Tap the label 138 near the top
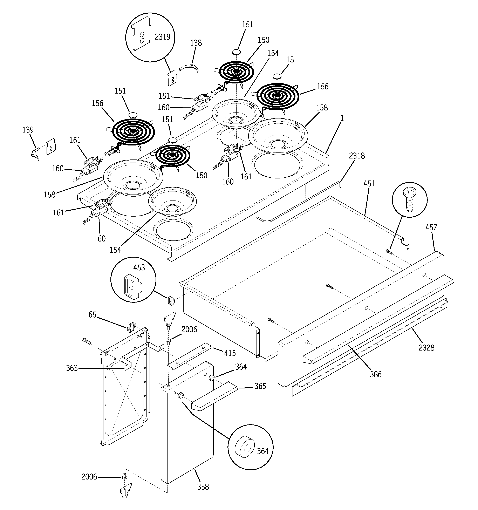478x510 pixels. pyautogui.click(x=196, y=43)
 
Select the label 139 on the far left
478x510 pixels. pyautogui.click(x=28, y=130)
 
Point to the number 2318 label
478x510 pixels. pyautogui.click(x=357, y=156)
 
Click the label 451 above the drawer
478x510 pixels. pyautogui.click(x=369, y=183)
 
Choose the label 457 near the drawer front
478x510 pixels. pyautogui.click(x=431, y=227)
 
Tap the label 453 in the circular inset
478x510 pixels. pyautogui.click(x=139, y=268)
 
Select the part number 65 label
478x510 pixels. pyautogui.click(x=92, y=315)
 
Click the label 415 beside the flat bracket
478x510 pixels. pyautogui.click(x=230, y=353)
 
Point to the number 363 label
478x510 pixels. pyautogui.click(x=72, y=368)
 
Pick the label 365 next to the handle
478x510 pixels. pyautogui.click(x=260, y=386)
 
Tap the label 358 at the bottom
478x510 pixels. pyautogui.click(x=203, y=487)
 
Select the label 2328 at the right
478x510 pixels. pyautogui.click(x=426, y=348)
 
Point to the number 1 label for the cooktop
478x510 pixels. pyautogui.click(x=342, y=118)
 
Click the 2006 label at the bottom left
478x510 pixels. pyautogui.click(x=89, y=477)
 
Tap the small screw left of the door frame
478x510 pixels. pyautogui.click(x=87, y=341)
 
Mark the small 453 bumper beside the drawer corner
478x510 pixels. pyautogui.click(x=171, y=300)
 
